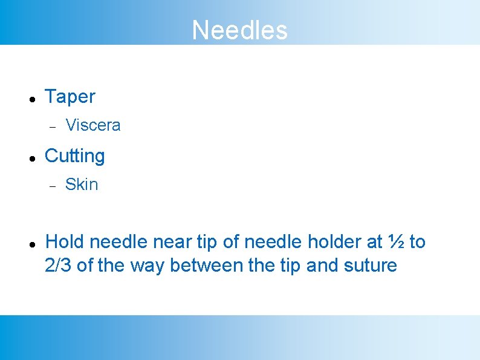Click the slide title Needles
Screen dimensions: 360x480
coord(239,30)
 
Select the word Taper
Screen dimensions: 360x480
coord(70,96)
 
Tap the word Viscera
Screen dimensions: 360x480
coord(93,125)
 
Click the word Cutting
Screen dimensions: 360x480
coord(75,155)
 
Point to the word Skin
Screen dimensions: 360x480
coord(82,185)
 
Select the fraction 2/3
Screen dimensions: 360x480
coord(59,265)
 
